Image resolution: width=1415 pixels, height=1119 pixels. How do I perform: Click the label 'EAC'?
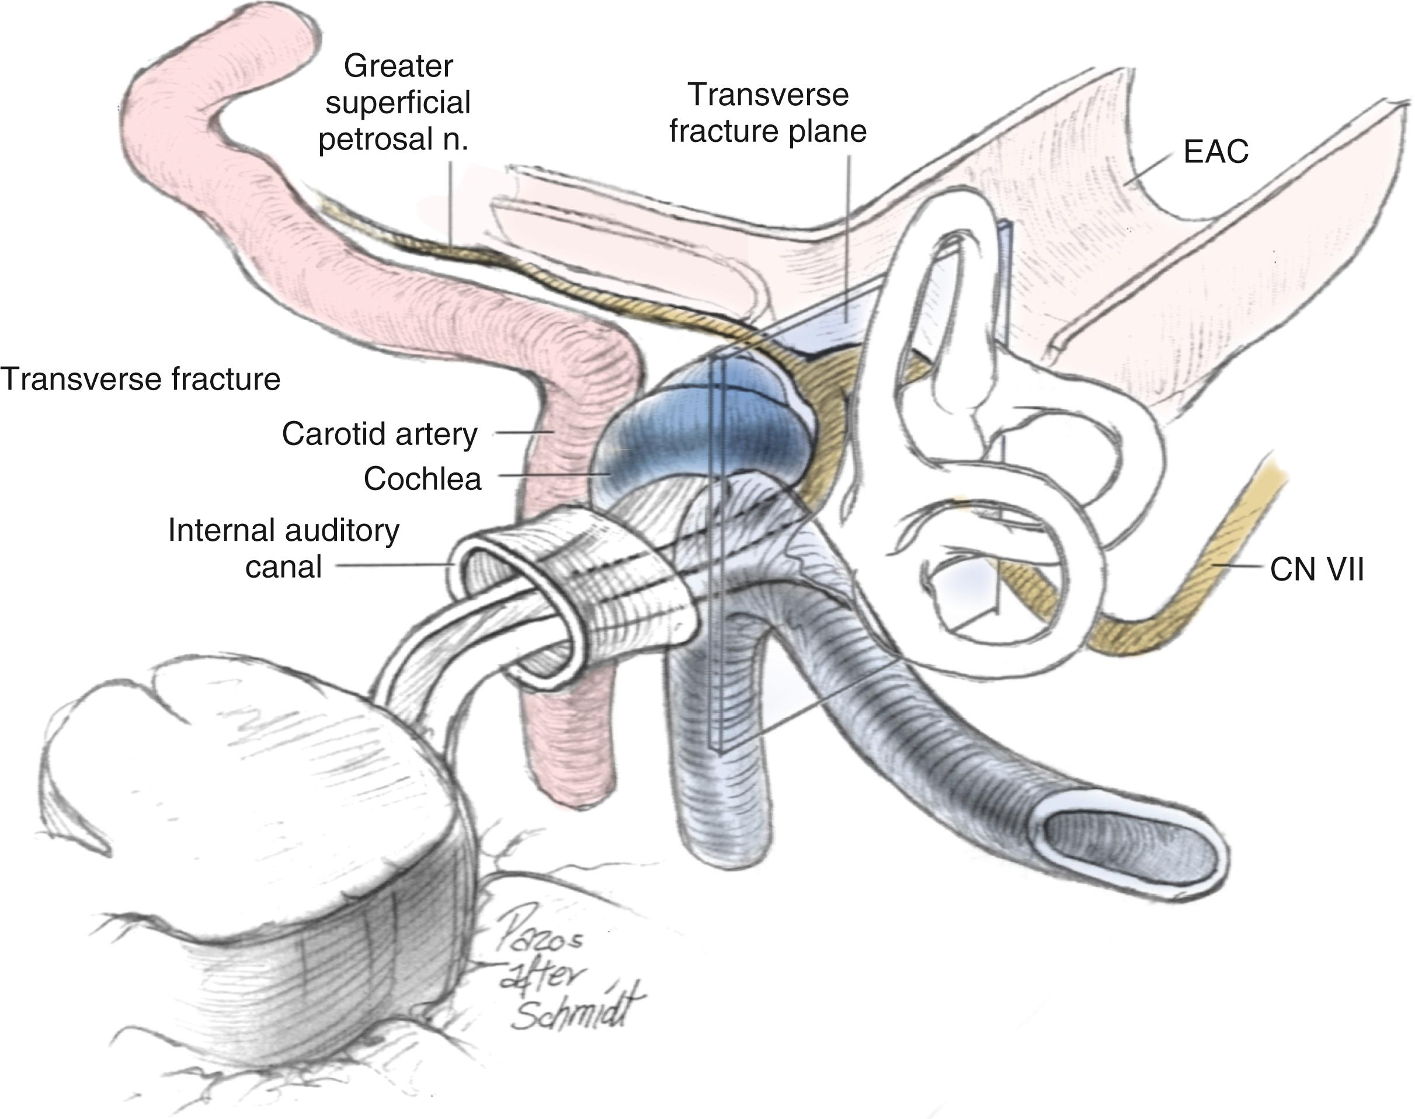1215,152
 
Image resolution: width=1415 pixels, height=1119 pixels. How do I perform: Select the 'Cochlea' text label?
423,479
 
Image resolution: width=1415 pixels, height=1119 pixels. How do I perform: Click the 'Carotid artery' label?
380,434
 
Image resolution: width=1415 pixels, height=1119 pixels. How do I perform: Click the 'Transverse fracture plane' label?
768,113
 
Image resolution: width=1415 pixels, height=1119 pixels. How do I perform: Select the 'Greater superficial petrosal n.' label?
397,103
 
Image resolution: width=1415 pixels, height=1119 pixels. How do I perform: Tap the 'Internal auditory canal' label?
284,548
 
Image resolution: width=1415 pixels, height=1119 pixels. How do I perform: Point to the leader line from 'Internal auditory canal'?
393,564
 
